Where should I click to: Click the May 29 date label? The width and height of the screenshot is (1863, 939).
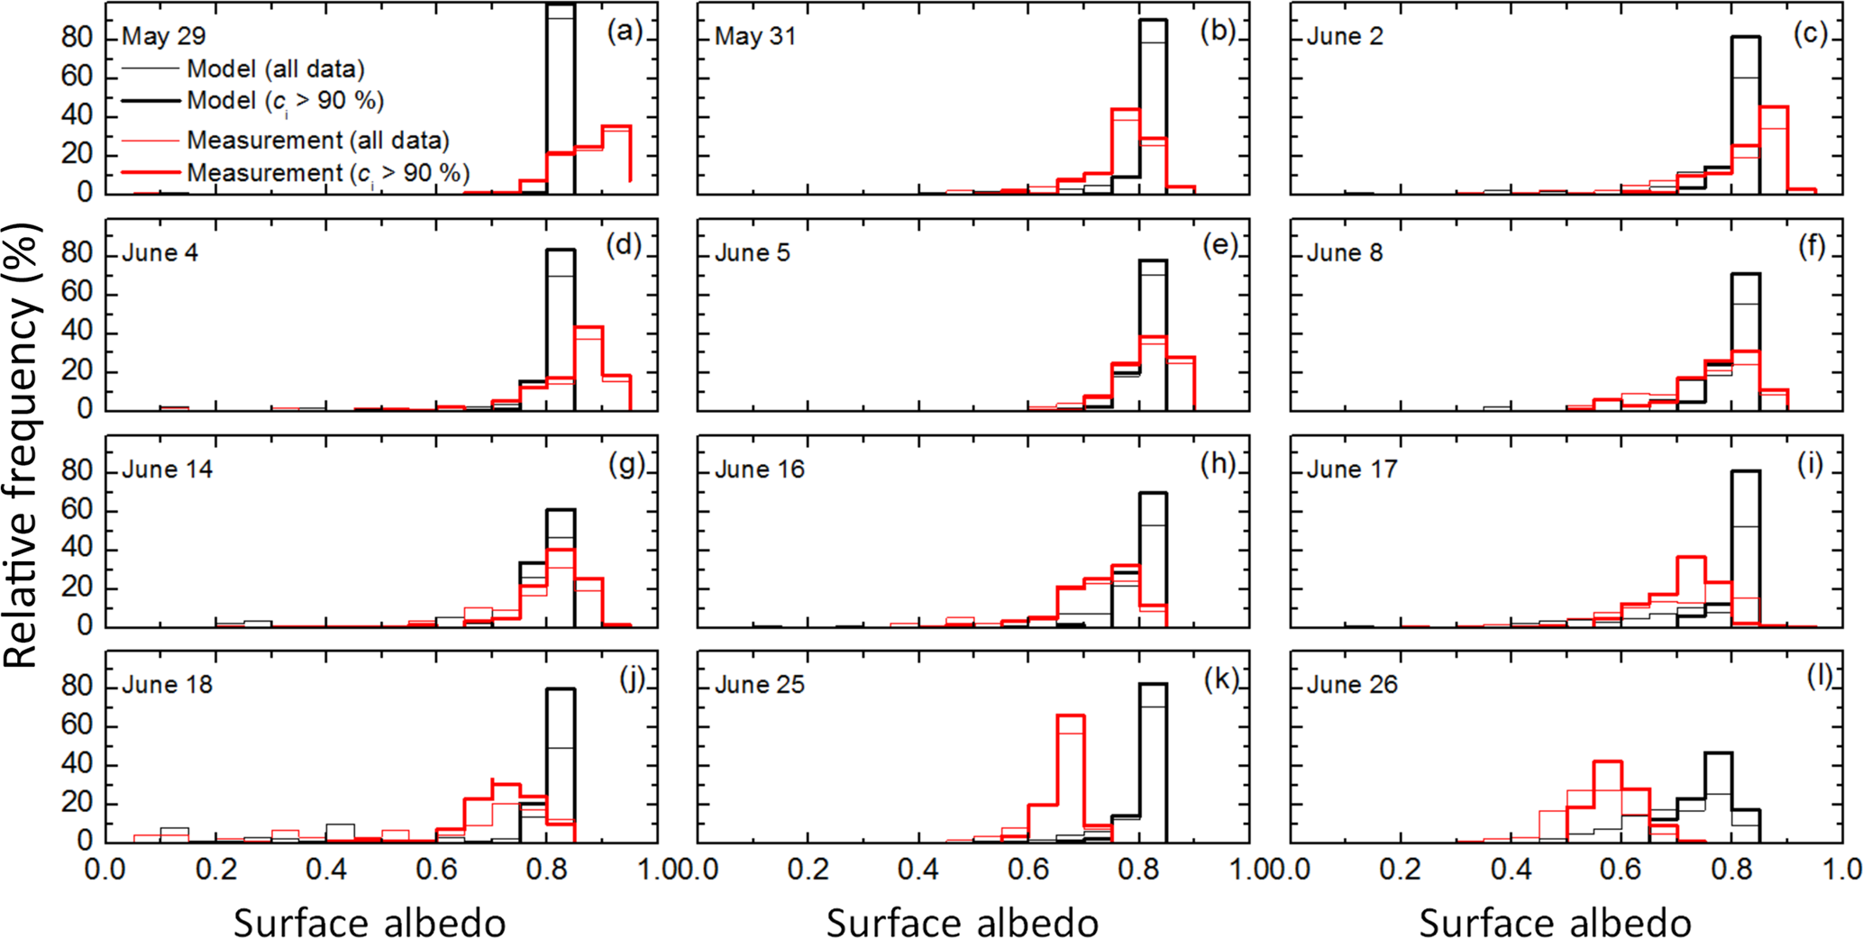[163, 36]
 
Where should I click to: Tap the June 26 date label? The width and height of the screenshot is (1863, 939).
[1351, 685]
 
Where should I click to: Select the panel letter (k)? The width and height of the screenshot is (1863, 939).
[1220, 679]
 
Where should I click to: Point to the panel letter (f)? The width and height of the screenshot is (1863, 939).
[1812, 247]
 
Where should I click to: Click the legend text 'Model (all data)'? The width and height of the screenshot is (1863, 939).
[276, 69]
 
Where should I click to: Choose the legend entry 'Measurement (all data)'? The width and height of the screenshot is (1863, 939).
[318, 141]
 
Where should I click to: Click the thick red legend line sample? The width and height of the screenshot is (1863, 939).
[151, 172]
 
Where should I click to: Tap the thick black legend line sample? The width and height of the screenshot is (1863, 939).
[151, 100]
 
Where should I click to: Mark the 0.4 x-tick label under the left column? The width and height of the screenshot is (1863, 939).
[326, 870]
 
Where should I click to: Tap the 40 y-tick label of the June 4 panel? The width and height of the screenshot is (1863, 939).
[78, 332]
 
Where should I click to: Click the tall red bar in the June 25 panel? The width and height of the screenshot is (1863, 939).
[1070, 775]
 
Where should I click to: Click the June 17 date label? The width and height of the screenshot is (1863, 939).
[1351, 469]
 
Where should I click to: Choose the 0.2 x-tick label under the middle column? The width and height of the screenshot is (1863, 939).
[808, 870]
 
